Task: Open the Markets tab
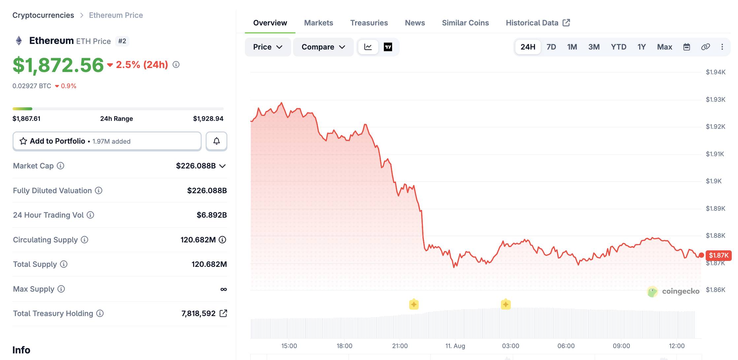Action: (319, 23)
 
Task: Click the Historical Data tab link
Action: (538, 23)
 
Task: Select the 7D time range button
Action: (551, 47)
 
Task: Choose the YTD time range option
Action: (619, 47)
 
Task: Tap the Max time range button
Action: (664, 47)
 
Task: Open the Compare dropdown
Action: (323, 47)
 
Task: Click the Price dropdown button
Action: (268, 47)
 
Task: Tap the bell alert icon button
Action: (217, 141)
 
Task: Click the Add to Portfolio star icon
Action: (23, 141)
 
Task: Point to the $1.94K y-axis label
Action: (716, 72)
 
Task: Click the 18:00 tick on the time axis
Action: (344, 346)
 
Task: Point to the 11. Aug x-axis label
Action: (455, 346)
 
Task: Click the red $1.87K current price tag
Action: (719, 255)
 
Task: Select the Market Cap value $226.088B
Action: (196, 166)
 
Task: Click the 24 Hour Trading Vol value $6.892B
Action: (212, 215)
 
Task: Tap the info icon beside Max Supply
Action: (61, 289)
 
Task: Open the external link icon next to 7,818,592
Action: (223, 313)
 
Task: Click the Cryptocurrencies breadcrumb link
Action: (43, 15)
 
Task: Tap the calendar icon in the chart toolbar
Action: (687, 47)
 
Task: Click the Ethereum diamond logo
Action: (19, 41)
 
